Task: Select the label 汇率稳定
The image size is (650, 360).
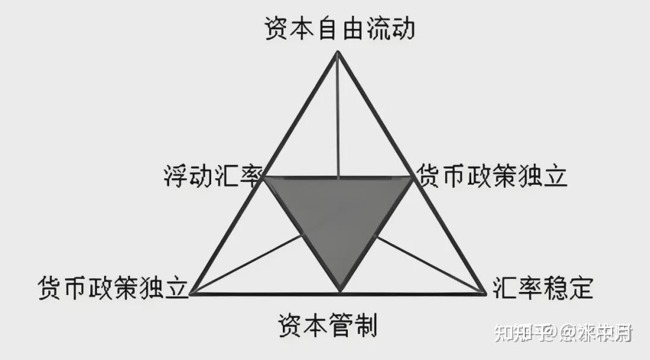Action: coord(542,288)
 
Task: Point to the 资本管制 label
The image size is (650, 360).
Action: coord(327,326)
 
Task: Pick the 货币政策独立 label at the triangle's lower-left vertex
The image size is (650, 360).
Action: coord(113,288)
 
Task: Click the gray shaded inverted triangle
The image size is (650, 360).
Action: coord(339,217)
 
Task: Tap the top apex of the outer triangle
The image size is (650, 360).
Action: coord(338,52)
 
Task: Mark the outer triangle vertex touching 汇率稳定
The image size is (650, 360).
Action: coord(484,293)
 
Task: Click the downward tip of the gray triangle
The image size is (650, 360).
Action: coord(340,290)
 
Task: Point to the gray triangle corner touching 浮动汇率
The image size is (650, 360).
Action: coord(265,178)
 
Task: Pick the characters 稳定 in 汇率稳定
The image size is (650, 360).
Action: coord(568,288)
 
